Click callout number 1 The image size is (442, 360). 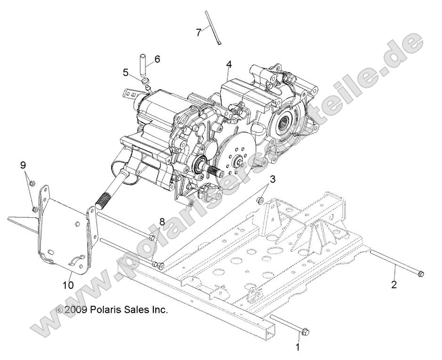(x=297, y=347)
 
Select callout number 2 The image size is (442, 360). (x=394, y=284)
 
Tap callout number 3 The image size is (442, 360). (x=273, y=179)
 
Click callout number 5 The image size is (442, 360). (x=126, y=72)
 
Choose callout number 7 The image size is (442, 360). (x=199, y=32)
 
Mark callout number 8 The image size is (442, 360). (x=161, y=221)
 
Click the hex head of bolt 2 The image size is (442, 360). (x=420, y=273)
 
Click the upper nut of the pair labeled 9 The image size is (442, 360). (x=31, y=183)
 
